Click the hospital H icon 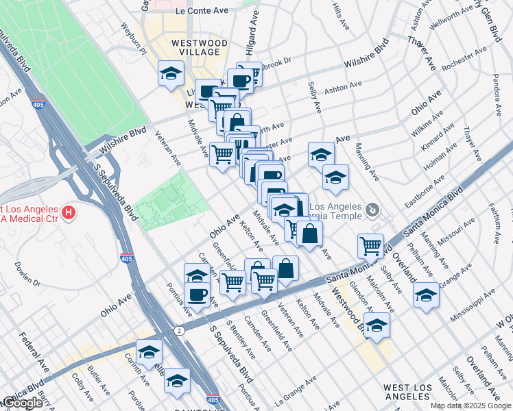tap(68, 213)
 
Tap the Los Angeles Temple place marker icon tap(372, 208)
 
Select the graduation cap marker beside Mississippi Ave tap(426, 296)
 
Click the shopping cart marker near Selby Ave tap(370, 245)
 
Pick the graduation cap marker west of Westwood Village tap(171, 74)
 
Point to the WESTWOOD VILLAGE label tap(199, 48)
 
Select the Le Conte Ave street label tap(201, 11)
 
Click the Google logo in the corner tap(22, 402)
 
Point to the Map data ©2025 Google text tap(470, 406)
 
